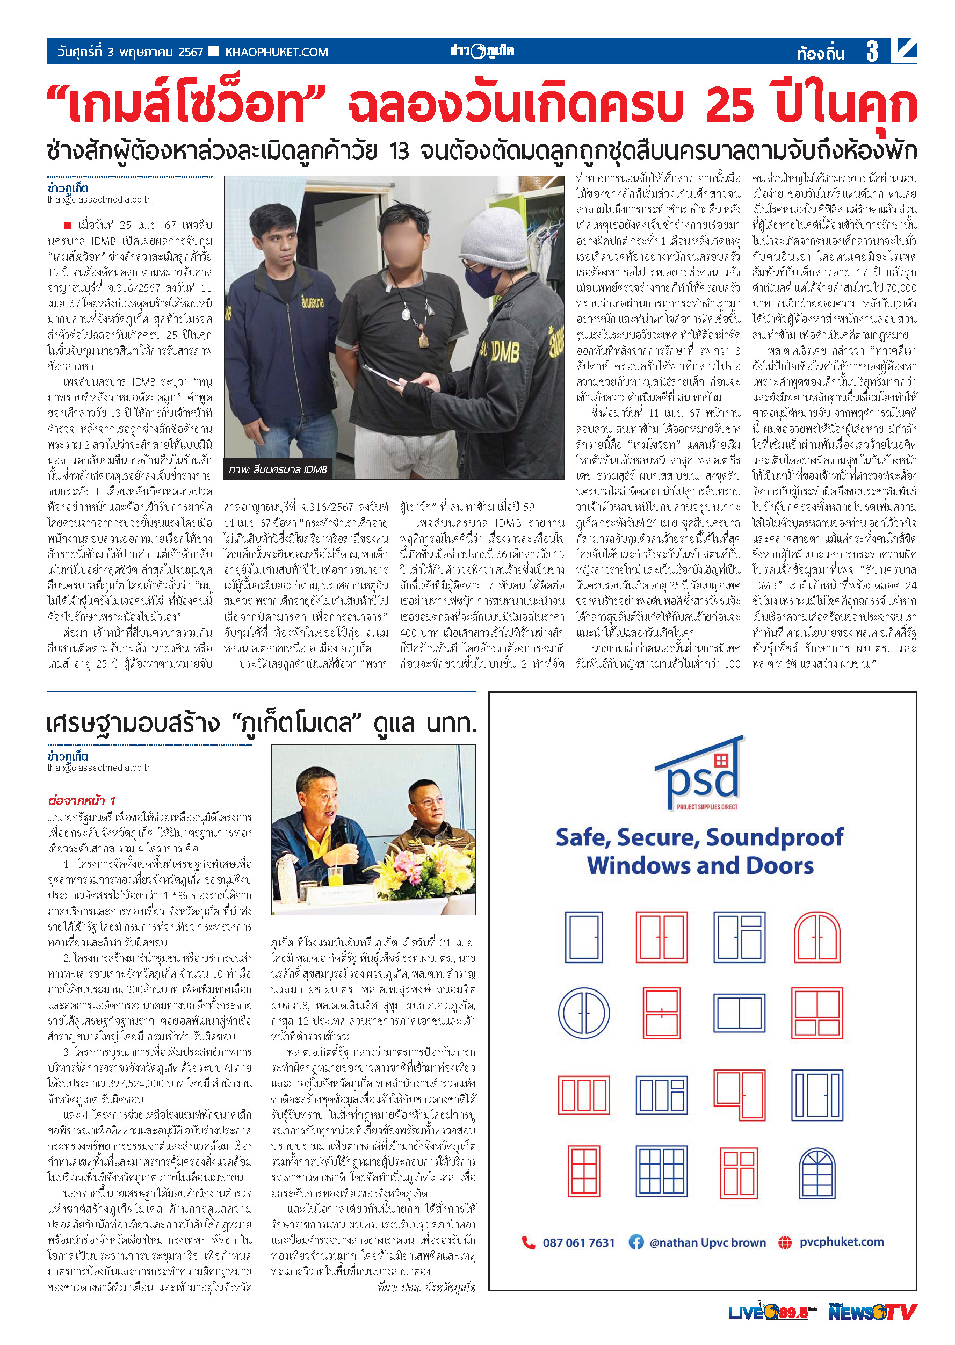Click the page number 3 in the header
[872, 52]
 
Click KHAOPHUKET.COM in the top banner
[277, 52]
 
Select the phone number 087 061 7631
[578, 1242]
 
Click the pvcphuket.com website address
[841, 1241]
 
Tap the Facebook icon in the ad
[636, 1241]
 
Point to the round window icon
[583, 1013]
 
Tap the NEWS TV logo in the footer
[872, 1312]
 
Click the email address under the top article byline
[99, 199]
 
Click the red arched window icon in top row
[817, 937]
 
